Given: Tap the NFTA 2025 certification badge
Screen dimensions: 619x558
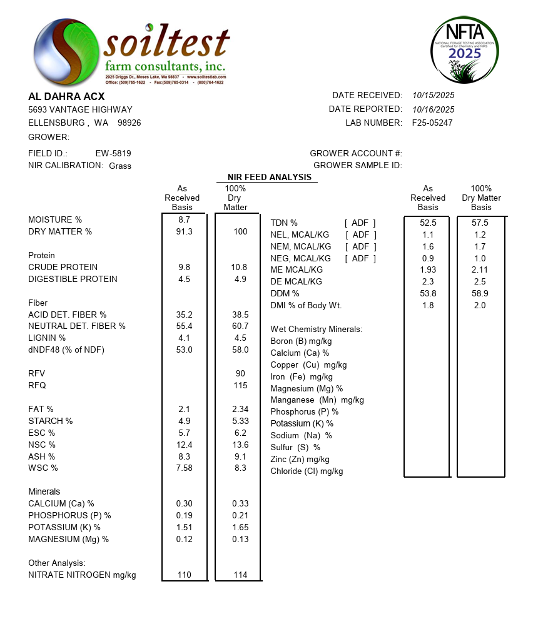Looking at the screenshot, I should [465, 50].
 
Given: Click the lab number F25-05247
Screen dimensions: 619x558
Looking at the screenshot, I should [432, 123].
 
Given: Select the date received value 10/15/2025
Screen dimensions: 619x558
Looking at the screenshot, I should [433, 96].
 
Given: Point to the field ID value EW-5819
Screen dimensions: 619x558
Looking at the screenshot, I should [113, 153].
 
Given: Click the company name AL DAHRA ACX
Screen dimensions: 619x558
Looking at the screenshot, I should [66, 97].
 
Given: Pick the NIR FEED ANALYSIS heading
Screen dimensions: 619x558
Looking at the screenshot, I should [269, 178].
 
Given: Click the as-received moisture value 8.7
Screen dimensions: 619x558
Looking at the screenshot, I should [184, 220].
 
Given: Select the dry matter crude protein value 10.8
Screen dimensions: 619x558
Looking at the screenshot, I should [240, 268].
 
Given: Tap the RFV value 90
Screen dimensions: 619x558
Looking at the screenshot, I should [240, 374].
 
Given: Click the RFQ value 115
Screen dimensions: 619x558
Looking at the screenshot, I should [240, 386].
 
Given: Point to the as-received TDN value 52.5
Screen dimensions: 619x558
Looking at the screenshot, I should [428, 223].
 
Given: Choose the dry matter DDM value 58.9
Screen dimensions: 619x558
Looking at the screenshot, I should [480, 293].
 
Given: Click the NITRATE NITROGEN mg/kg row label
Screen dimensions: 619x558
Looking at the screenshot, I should [82, 575].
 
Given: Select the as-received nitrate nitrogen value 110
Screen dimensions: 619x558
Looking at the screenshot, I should [185, 575].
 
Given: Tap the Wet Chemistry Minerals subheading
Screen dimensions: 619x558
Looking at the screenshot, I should [316, 330].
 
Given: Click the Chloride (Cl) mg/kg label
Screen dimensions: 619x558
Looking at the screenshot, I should [307, 471].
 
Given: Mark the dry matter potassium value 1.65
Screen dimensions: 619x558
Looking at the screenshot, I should [240, 528].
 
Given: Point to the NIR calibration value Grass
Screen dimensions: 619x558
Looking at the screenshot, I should [120, 166].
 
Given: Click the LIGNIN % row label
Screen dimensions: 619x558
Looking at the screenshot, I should [47, 338].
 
